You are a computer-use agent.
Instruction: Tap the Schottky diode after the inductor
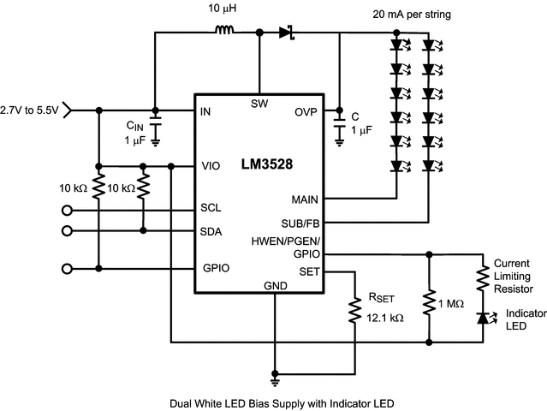tap(287, 33)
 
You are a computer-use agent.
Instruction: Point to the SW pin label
tap(259, 104)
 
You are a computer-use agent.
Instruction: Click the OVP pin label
tap(306, 112)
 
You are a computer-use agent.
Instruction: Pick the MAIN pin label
tap(305, 199)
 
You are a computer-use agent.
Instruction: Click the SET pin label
tap(309, 272)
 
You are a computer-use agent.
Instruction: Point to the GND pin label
tap(275, 285)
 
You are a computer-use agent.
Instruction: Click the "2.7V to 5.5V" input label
tap(30, 110)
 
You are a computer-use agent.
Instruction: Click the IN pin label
tap(205, 112)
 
